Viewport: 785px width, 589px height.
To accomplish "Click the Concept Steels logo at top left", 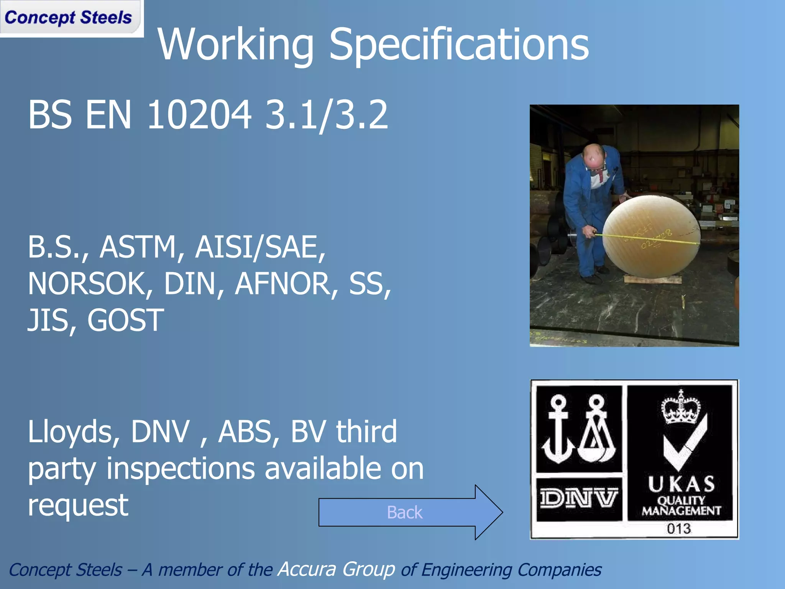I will (x=68, y=18).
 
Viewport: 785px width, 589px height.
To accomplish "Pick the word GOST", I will (x=126, y=321).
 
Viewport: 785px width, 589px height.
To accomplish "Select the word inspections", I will (x=180, y=469).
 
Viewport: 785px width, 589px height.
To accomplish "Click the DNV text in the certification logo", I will (x=578, y=499).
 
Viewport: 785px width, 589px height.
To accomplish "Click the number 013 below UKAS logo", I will (x=678, y=529).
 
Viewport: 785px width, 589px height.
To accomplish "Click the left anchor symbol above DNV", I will (x=558, y=429).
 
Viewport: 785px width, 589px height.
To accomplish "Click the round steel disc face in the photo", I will (x=652, y=236).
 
